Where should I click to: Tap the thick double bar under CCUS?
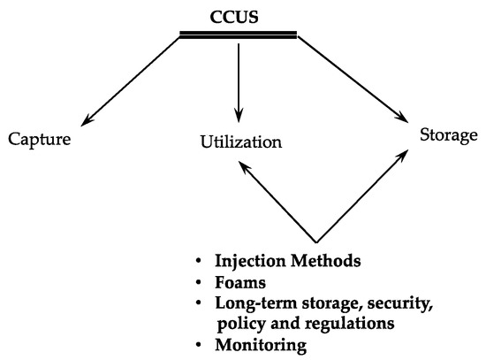point(238,34)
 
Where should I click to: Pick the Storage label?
point(448,136)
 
